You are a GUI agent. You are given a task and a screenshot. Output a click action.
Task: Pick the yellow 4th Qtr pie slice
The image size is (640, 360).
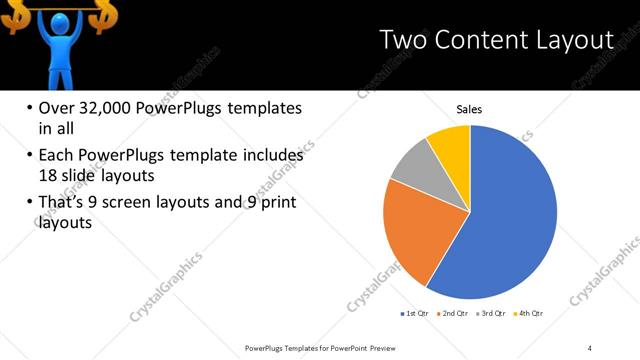pyautogui.click(x=451, y=145)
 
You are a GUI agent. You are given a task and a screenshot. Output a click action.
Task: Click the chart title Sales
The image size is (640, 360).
pyautogui.click(x=469, y=109)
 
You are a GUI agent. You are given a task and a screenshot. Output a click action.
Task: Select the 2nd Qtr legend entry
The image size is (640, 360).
pyautogui.click(x=453, y=314)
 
